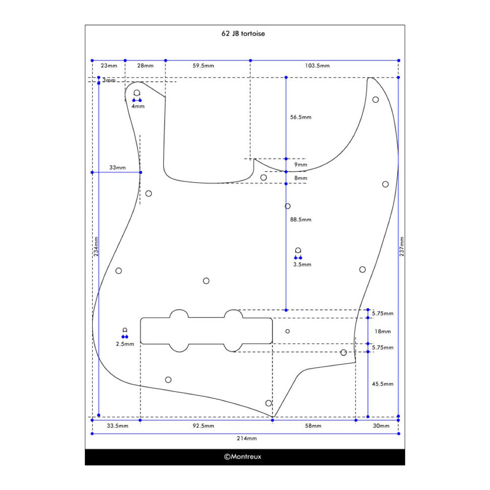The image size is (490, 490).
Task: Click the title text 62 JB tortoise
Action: pyautogui.click(x=243, y=34)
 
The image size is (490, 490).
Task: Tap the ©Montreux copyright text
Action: pyautogui.click(x=243, y=457)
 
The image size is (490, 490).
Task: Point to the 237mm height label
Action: pyautogui.click(x=402, y=246)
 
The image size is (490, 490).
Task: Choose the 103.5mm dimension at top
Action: pyautogui.click(x=318, y=66)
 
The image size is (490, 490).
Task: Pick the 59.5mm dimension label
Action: pyautogui.click(x=203, y=66)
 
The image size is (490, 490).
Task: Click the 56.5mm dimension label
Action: pyautogui.click(x=300, y=117)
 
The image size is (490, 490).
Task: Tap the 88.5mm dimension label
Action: pyautogui.click(x=300, y=220)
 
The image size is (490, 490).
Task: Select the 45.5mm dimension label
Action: pyautogui.click(x=383, y=384)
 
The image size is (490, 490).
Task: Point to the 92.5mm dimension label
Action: pyautogui.click(x=203, y=426)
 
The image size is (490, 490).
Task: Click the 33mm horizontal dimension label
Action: pyautogui.click(x=117, y=168)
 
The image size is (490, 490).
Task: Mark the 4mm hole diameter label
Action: pyautogui.click(x=138, y=106)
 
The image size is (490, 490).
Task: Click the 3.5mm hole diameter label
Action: pyautogui.click(x=302, y=264)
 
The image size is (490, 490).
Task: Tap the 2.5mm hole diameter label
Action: pyautogui.click(x=125, y=344)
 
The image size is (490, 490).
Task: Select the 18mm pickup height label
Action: pyautogui.click(x=383, y=331)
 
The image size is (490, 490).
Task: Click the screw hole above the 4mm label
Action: pyautogui.click(x=137, y=93)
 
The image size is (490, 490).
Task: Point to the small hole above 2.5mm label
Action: pyautogui.click(x=125, y=330)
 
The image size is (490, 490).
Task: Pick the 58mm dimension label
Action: pyautogui.click(x=314, y=426)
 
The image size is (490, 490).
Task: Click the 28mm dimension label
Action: pyautogui.click(x=145, y=66)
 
